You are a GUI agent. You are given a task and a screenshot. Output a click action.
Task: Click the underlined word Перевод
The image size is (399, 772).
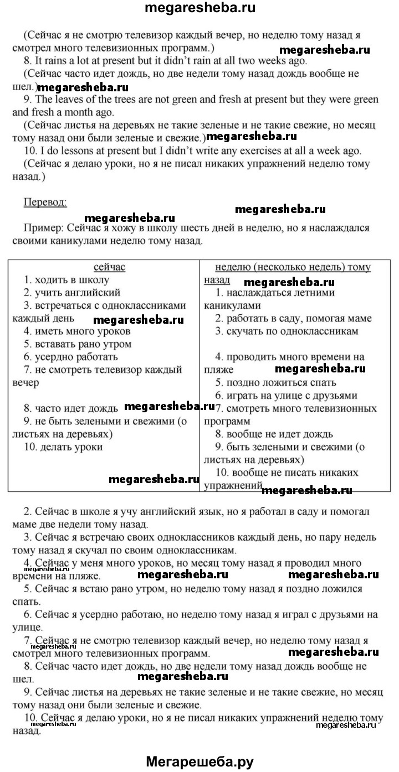click(45, 202)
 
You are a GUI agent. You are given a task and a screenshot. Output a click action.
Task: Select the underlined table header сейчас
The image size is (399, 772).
click(109, 267)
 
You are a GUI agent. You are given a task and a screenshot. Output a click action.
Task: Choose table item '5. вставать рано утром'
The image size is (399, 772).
click(78, 344)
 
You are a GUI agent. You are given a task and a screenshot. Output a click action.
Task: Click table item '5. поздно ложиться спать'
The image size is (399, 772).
click(276, 382)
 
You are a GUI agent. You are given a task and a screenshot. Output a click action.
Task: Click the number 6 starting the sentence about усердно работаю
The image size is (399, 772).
click(27, 614)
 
